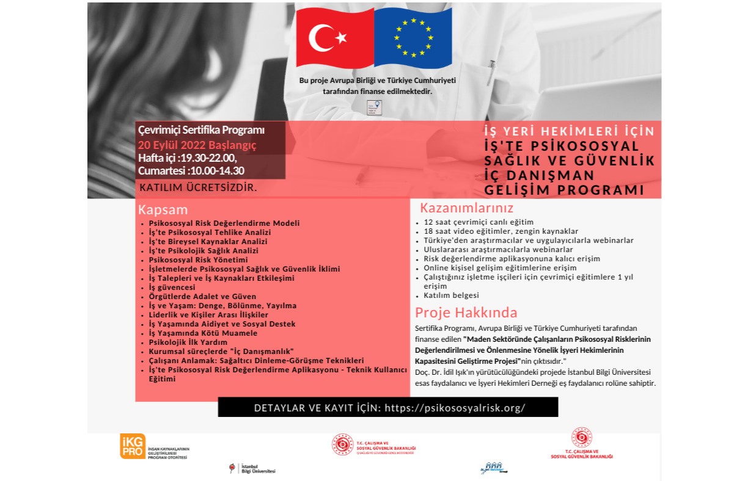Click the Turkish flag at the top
click(334, 38)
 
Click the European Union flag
click(413, 38)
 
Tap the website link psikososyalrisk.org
click(455, 408)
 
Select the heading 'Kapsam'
click(163, 209)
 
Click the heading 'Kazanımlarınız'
click(466, 208)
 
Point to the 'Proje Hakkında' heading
click(466, 313)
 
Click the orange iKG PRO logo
click(133, 446)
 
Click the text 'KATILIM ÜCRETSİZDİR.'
click(199, 187)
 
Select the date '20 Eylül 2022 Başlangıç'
click(197, 145)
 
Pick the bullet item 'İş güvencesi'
click(172, 287)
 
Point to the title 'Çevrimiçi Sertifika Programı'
click(202, 130)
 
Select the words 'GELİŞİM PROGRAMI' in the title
click(564, 189)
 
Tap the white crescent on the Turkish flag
click(322, 38)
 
